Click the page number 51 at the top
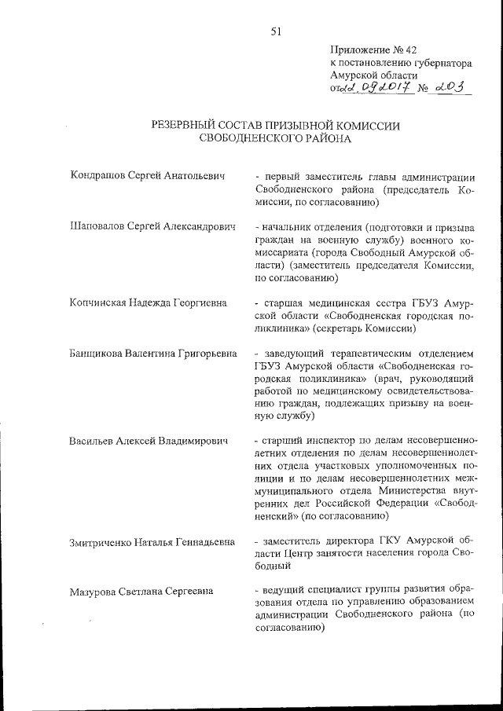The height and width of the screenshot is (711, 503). tap(276, 31)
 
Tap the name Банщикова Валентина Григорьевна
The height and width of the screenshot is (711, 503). tap(153, 353)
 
